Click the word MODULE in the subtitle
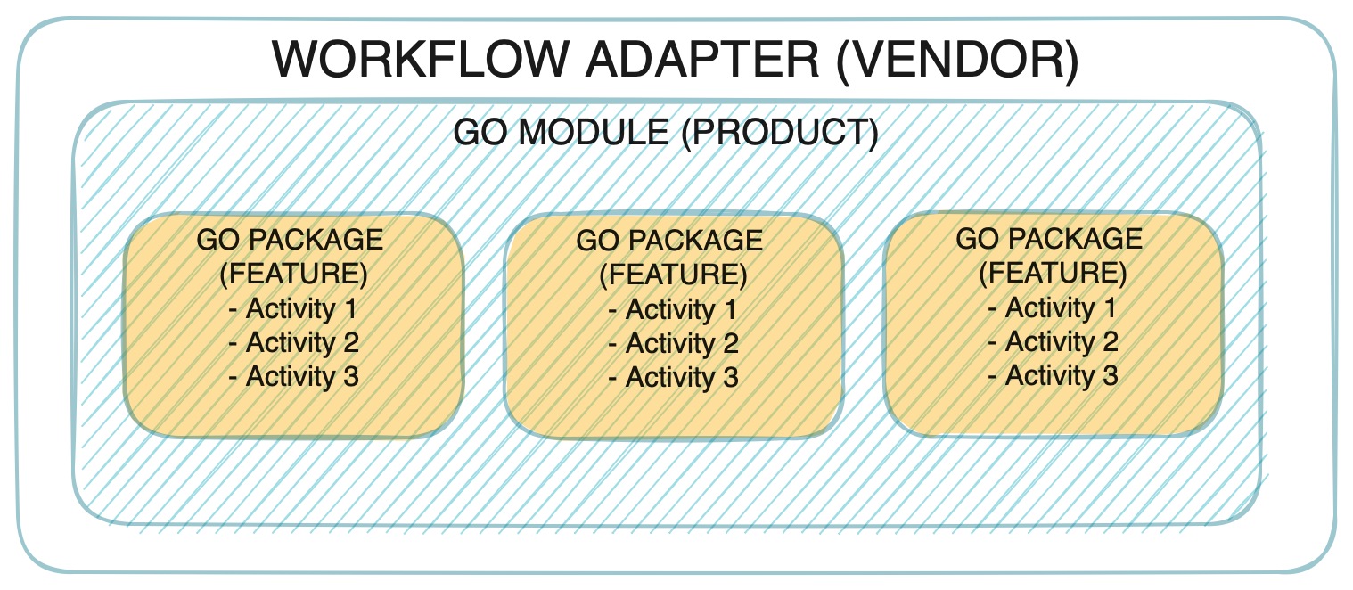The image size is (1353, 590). click(x=592, y=133)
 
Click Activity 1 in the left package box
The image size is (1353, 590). click(x=294, y=309)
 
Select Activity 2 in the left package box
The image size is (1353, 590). click(x=294, y=343)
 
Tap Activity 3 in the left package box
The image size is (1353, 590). click(x=294, y=376)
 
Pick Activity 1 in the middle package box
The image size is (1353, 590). click(x=674, y=310)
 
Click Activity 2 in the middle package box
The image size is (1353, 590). click(x=674, y=344)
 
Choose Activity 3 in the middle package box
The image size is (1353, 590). click(x=674, y=378)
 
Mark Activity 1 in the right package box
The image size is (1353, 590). click(x=1054, y=308)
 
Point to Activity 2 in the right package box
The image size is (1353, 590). click(x=1054, y=342)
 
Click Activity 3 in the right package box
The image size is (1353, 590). click(x=1054, y=376)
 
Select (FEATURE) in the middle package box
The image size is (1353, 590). click(x=674, y=275)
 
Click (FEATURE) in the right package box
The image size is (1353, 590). click(x=1054, y=274)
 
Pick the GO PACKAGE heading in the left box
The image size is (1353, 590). click(x=291, y=241)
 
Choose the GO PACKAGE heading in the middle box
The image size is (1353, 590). click(x=670, y=242)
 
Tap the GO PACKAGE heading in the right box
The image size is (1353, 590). click(x=1050, y=239)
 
